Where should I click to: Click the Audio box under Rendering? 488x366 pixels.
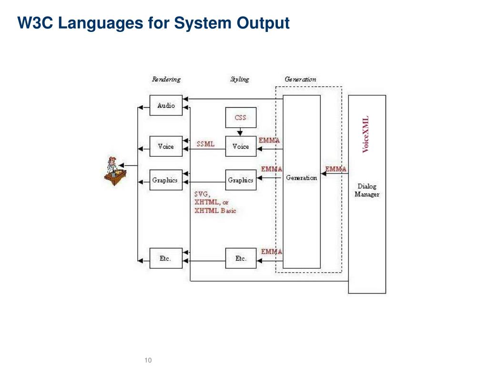(166, 105)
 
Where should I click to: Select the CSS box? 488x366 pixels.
(240, 117)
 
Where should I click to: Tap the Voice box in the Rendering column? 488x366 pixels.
(166, 146)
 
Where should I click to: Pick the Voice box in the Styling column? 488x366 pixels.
(240, 146)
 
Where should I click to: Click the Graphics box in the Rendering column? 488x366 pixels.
(165, 180)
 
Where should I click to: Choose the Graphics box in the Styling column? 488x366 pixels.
(240, 180)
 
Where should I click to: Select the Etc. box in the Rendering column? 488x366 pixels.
(165, 258)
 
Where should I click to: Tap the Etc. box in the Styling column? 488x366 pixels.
(241, 258)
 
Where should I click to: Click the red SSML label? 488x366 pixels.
(205, 144)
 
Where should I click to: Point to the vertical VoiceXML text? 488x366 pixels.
(366, 134)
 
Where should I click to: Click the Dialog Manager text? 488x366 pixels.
(367, 190)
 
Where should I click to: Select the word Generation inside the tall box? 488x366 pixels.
(301, 178)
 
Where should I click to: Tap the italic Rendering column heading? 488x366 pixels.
(166, 80)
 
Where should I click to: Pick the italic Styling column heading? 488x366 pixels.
(240, 80)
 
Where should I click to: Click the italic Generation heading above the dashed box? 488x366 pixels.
(300, 80)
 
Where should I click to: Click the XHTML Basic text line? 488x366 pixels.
(215, 211)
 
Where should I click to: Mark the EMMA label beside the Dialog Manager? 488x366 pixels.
(336, 169)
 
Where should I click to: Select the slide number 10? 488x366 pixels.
(148, 360)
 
